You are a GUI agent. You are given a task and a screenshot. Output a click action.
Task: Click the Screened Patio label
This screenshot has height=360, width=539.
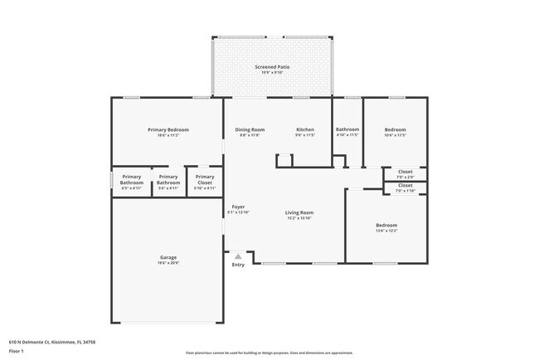(272, 66)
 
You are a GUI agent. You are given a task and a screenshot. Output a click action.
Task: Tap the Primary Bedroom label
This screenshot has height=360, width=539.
(168, 129)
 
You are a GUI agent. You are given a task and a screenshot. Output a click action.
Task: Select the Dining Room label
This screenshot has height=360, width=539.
(250, 129)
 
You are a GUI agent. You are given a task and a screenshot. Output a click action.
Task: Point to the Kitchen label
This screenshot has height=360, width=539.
(306, 129)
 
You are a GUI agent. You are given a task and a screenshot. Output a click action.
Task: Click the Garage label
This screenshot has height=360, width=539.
(168, 257)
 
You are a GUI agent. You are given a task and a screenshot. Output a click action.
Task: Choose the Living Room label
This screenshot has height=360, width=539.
(299, 212)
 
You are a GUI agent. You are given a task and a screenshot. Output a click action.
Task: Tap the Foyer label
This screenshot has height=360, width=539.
(238, 207)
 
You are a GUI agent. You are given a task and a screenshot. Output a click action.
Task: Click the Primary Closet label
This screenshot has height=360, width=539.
(204, 179)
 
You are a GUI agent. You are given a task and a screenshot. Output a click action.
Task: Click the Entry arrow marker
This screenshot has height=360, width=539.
(238, 256)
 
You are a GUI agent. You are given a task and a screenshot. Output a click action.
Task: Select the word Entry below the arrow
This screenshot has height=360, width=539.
(238, 265)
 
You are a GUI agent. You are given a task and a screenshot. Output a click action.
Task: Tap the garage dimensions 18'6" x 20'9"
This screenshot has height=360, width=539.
(168, 263)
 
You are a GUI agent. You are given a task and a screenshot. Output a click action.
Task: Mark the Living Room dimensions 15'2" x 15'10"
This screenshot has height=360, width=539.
(299, 218)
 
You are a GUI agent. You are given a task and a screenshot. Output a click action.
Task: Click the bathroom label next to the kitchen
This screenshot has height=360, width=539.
(347, 129)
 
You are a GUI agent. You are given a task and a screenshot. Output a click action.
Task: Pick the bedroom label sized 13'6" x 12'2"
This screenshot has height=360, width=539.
(386, 225)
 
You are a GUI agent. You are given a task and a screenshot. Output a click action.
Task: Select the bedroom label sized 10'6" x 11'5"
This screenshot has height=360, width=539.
(396, 129)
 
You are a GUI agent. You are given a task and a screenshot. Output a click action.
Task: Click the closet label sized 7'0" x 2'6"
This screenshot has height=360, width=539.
(405, 172)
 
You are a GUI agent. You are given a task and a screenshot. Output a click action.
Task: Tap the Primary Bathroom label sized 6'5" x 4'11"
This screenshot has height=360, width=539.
(132, 179)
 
